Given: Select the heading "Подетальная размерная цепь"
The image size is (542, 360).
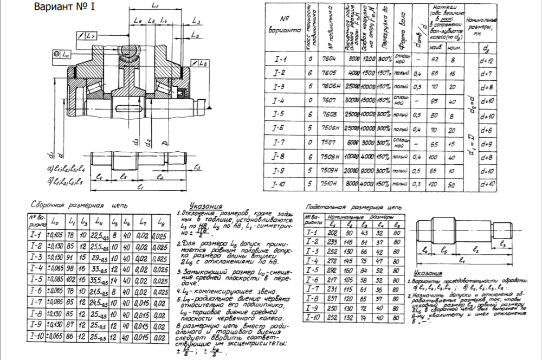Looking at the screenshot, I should tap(353, 207).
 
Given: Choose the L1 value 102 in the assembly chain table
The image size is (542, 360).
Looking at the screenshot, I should tap(70, 281).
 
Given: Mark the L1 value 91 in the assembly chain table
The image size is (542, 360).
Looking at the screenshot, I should tap(70, 257).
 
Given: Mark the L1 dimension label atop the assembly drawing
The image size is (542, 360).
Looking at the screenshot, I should tap(154, 6).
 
